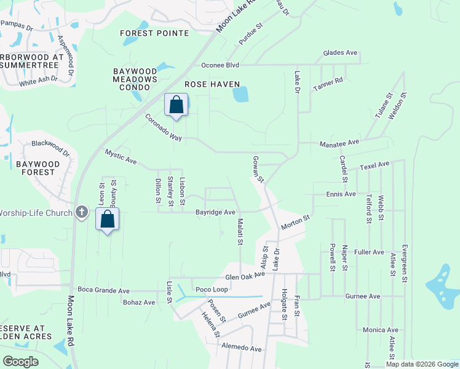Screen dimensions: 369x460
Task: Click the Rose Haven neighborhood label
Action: pos(213,84)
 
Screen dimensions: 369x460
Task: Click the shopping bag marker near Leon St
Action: pos(107,220)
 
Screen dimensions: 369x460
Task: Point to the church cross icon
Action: pos(81,213)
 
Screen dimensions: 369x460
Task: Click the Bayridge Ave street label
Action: pos(215,212)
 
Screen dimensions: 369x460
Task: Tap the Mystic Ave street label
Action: pos(120,156)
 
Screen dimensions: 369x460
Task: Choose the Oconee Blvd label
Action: pos(220,65)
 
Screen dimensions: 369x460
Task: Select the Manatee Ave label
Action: pos(339,143)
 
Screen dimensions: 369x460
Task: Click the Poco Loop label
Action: pos(211,289)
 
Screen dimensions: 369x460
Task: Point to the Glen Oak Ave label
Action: pos(245,277)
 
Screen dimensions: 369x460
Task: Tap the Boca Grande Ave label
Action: pos(103,290)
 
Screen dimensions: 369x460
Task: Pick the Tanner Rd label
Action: pos(327,84)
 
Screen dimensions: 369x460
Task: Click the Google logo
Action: pos(20,362)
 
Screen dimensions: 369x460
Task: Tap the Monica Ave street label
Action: pos(380,330)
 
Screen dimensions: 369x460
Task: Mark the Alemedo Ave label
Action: pos(242,348)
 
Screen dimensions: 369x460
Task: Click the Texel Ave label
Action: pos(375,165)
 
